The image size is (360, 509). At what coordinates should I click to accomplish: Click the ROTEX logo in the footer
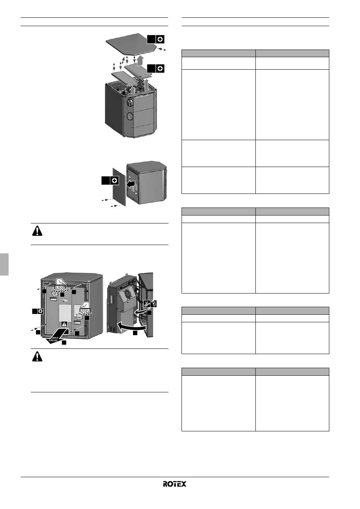(174, 484)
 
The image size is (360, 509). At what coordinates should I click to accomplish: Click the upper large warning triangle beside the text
(37, 231)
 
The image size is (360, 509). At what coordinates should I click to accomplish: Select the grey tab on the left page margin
(4, 264)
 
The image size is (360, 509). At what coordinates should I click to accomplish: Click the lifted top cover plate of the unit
(132, 44)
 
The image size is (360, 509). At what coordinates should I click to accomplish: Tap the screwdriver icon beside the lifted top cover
(160, 39)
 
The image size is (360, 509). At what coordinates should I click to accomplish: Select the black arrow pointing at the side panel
(131, 184)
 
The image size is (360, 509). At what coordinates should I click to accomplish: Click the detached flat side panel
(119, 187)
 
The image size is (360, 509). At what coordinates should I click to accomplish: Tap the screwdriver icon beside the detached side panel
(114, 181)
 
